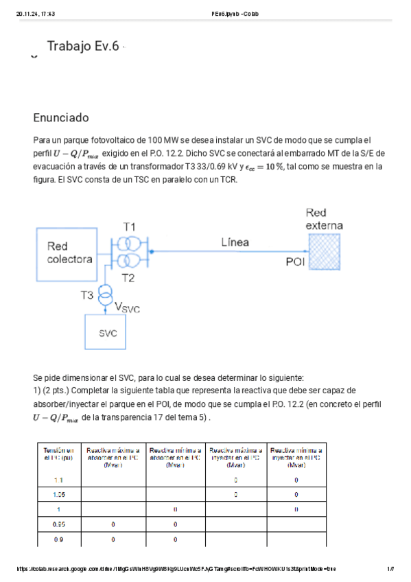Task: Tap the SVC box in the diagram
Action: coord(108,334)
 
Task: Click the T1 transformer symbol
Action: coord(128,244)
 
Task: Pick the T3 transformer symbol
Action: coord(105,296)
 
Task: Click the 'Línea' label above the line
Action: coord(235,242)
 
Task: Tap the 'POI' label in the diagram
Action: coord(295,261)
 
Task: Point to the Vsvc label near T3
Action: coord(126,308)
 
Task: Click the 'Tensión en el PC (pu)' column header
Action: coord(58,453)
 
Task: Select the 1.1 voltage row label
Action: coord(58,480)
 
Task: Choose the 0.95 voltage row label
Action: coord(58,524)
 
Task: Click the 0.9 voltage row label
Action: coord(58,539)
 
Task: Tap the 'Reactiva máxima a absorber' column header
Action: coord(112,453)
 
